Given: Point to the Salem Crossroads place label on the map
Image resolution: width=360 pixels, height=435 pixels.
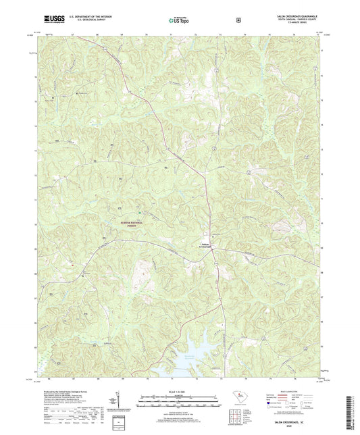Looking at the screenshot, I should [x=206, y=246].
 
